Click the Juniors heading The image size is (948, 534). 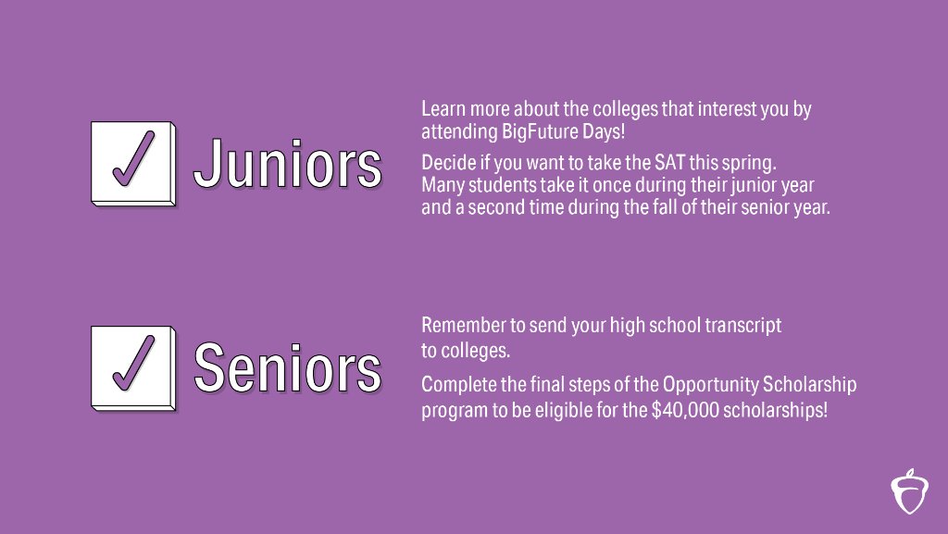pyautogui.click(x=287, y=166)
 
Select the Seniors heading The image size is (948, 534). pyautogui.click(x=287, y=368)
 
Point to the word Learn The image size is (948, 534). pyautogui.click(x=441, y=108)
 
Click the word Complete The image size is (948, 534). pyautogui.click(x=457, y=384)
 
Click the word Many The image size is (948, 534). pyautogui.click(x=442, y=185)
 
